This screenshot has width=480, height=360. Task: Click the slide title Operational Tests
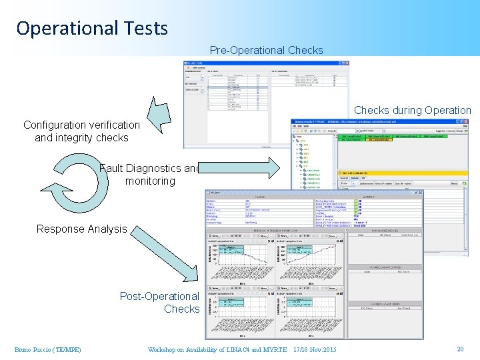[92, 28]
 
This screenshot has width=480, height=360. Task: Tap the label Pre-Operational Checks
[266, 50]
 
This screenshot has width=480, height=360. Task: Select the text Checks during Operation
[412, 110]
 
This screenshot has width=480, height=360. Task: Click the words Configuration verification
[81, 125]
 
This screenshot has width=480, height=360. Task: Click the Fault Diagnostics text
[148, 169]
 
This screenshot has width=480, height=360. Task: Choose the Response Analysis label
[81, 229]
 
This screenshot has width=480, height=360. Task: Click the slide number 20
[460, 349]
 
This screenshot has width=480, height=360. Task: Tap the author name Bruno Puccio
[47, 350]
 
